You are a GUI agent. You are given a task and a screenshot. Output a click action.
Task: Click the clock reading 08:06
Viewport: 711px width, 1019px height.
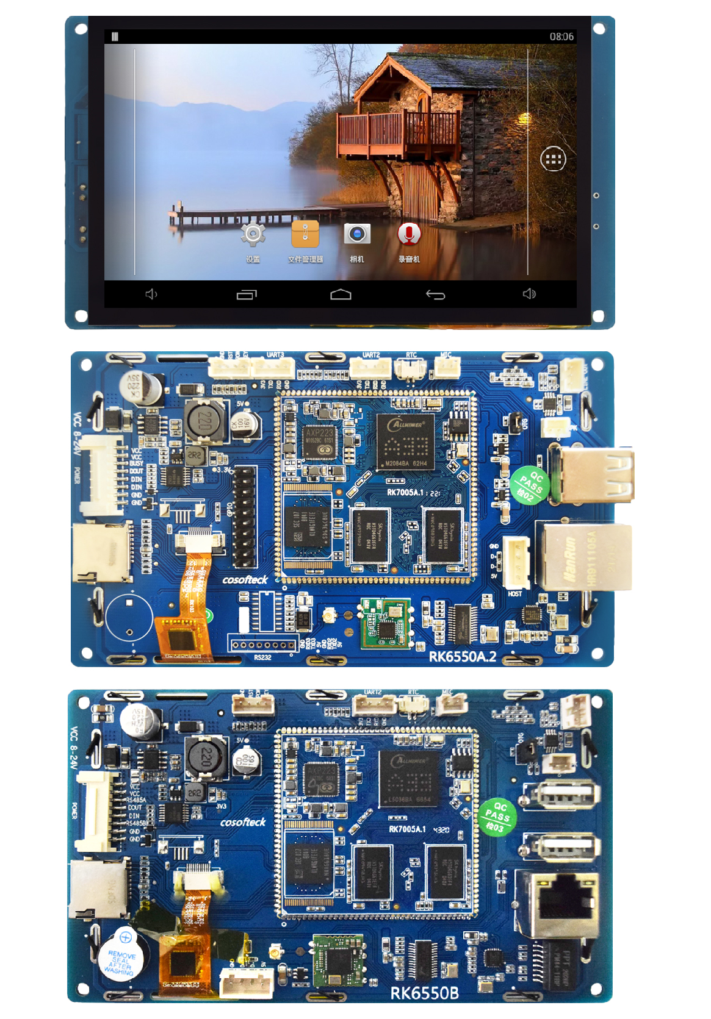[561, 37]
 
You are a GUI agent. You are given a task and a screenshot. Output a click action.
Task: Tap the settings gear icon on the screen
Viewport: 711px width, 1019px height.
[253, 235]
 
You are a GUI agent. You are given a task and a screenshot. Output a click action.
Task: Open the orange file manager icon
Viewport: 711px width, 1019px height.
[305, 234]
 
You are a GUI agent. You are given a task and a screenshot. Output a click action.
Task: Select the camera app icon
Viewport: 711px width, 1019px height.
[357, 234]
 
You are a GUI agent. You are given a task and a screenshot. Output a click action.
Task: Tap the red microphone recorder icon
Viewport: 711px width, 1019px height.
[409, 234]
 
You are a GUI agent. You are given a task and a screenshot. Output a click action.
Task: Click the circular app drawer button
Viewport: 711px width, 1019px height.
[553, 160]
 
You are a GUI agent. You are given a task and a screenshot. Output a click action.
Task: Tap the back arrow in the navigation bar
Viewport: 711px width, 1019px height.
[435, 295]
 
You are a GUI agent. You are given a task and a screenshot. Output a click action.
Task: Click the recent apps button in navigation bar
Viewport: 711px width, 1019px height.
[247, 295]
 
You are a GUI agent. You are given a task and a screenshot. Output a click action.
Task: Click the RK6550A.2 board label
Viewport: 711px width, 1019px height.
[462, 657]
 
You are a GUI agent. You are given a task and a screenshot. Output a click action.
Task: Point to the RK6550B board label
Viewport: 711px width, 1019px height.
[424, 993]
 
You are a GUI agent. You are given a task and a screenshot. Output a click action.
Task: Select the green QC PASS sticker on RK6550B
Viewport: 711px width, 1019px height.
[497, 817]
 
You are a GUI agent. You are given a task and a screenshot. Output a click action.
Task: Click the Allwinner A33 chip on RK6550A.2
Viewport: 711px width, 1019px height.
[405, 442]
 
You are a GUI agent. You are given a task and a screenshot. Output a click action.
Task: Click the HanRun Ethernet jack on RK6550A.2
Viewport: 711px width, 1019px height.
[583, 556]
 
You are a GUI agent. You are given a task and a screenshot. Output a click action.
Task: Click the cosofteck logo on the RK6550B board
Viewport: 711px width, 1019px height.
[243, 823]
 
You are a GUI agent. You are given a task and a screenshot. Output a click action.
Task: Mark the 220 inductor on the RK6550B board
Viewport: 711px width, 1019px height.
[206, 757]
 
